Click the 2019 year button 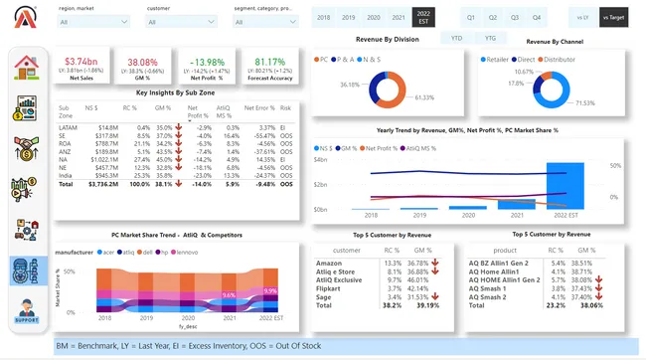pyautogui.click(x=348, y=18)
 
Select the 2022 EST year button pyautogui.click(x=424, y=18)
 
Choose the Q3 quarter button pyautogui.click(x=515, y=18)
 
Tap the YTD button pyautogui.click(x=456, y=38)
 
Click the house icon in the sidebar pyautogui.click(x=26, y=67)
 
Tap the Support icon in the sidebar pyautogui.click(x=26, y=311)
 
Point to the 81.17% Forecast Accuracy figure pyautogui.click(x=269, y=62)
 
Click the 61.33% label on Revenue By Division pyautogui.click(x=425, y=97)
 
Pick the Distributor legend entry pyautogui.click(x=577, y=60)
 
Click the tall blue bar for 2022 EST pyautogui.click(x=565, y=186)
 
